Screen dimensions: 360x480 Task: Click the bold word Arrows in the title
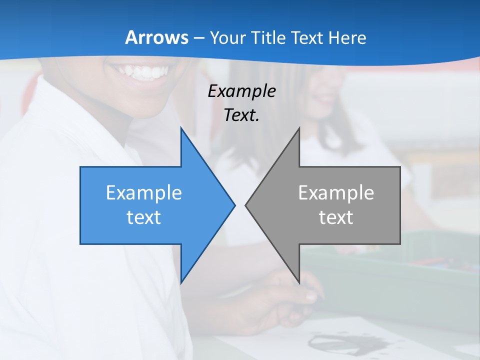156,37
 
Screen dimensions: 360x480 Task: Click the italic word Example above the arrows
241,91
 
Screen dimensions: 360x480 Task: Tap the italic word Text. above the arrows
241,115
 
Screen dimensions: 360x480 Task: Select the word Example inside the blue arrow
144,193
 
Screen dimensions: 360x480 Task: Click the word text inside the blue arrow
144,217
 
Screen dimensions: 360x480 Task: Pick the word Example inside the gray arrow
336,193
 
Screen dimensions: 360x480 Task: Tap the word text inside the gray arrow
336,217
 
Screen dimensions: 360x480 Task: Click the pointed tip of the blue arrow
234,205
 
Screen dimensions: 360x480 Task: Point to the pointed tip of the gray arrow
246,205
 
